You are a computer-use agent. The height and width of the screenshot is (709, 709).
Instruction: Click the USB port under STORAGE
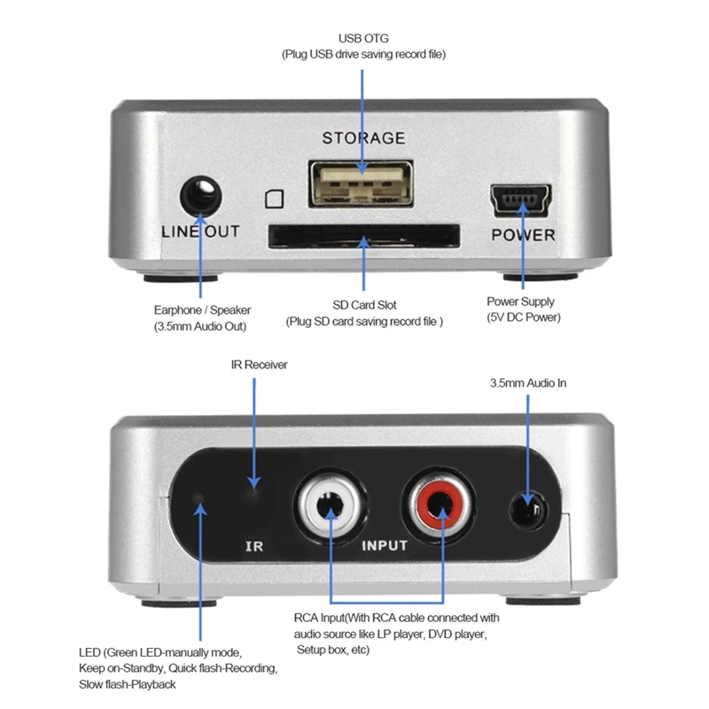pos(361,184)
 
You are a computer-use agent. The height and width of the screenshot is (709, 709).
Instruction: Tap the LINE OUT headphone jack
pos(200,195)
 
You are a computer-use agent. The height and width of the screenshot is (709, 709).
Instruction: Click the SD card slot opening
pos(363,236)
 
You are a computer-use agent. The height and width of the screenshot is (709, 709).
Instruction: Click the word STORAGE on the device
pos(363,138)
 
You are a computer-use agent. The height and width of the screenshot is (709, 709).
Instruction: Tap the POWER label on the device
pos(523,235)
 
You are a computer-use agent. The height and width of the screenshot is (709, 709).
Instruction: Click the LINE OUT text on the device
pos(200,232)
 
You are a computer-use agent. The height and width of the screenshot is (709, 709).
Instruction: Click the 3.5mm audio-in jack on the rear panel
pos(528,511)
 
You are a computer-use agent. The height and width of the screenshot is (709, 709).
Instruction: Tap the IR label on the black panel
pos(253,546)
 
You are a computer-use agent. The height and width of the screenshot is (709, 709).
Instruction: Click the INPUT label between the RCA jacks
pos(385,546)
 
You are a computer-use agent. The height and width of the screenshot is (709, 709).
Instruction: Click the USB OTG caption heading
pos(363,38)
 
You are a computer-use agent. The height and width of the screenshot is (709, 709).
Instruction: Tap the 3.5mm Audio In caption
pos(528,384)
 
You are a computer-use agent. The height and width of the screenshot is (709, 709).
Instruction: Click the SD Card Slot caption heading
pos(363,304)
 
